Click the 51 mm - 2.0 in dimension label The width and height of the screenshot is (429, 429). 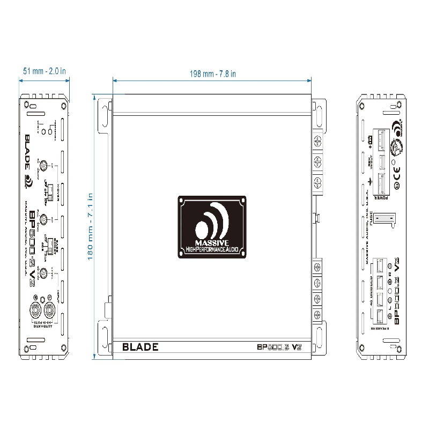(45, 70)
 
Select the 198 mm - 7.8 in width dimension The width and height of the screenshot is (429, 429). (213, 74)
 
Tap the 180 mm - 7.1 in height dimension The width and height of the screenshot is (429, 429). (91, 226)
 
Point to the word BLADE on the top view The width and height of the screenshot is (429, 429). (140, 347)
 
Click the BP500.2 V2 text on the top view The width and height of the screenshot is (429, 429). (277, 347)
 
